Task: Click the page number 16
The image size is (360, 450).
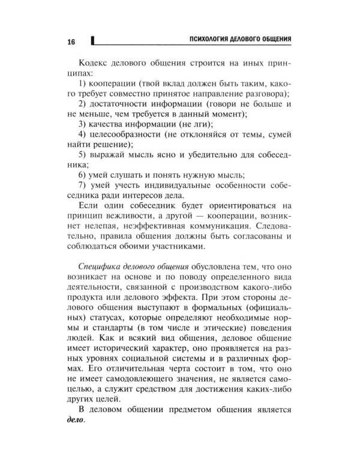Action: (71, 41)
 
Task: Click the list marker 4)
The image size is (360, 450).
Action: (85, 133)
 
